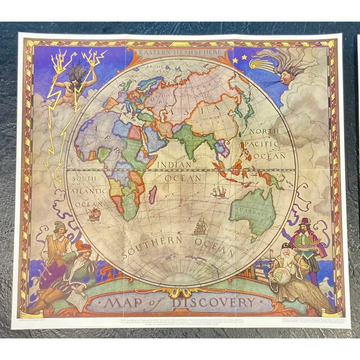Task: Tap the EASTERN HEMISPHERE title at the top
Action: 180,52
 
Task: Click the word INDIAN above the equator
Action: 174,165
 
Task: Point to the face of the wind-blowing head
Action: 285,77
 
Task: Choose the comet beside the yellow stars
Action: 262,64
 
